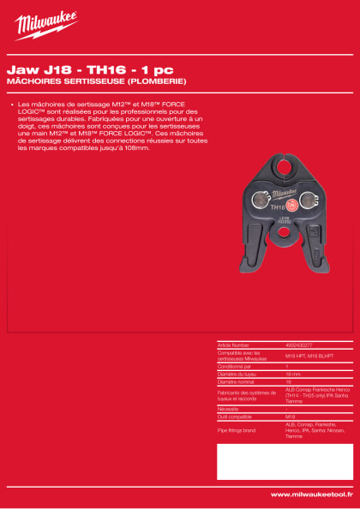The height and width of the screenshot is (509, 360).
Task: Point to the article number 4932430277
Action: coord(299,345)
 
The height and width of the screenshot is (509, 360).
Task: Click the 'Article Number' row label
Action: coord(232,345)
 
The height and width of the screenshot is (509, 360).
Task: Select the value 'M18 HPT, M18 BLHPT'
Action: coord(305,356)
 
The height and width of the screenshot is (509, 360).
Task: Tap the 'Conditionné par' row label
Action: coord(235,366)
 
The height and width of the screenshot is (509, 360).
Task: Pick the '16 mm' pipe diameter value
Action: coord(292,374)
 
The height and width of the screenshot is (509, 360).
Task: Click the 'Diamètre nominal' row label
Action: coord(236,381)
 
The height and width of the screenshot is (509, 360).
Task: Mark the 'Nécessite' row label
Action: coord(228,410)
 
